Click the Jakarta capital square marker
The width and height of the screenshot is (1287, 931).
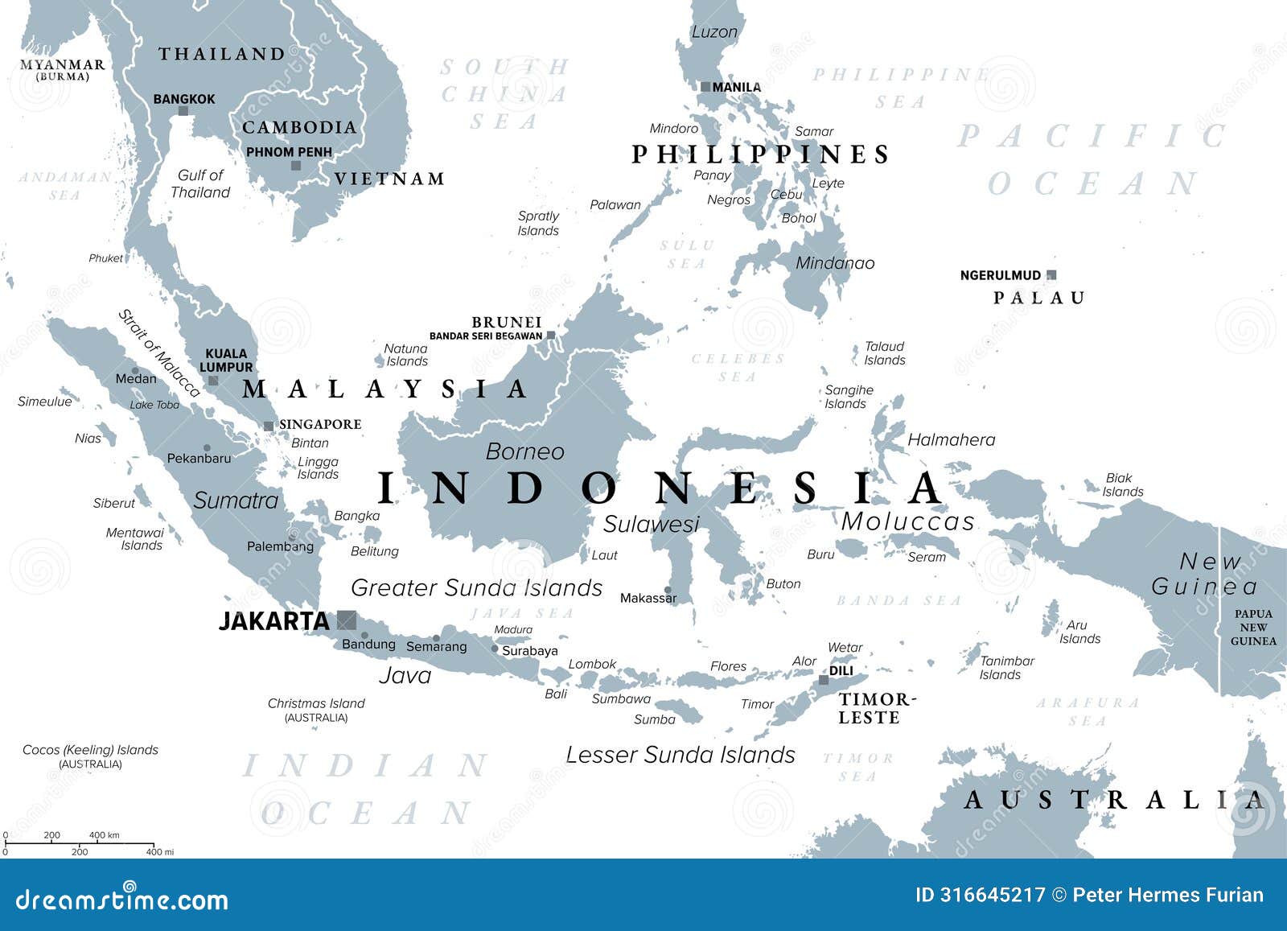point(347,620)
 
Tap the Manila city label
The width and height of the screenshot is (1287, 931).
point(736,87)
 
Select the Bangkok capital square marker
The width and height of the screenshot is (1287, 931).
point(183,111)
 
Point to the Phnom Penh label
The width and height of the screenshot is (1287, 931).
point(289,151)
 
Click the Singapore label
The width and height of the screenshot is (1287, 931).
point(320,424)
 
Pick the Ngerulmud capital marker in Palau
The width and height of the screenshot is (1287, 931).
point(1051,275)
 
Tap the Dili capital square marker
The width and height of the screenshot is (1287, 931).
point(824,680)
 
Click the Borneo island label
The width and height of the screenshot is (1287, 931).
point(524,451)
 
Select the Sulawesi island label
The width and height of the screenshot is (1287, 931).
point(652,524)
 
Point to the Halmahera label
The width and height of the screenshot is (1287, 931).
point(951,439)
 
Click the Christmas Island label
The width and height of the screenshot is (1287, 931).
point(316,703)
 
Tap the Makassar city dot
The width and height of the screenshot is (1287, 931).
point(668,590)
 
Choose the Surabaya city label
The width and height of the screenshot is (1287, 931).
point(529,650)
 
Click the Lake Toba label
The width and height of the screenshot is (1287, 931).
point(154,405)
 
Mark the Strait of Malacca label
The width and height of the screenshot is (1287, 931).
point(158,353)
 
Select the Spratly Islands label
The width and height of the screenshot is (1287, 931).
point(538,223)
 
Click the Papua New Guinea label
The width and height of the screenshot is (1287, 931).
point(1253,627)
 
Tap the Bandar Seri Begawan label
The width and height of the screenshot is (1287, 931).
point(485,336)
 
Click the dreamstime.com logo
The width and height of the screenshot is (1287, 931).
point(121,899)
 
